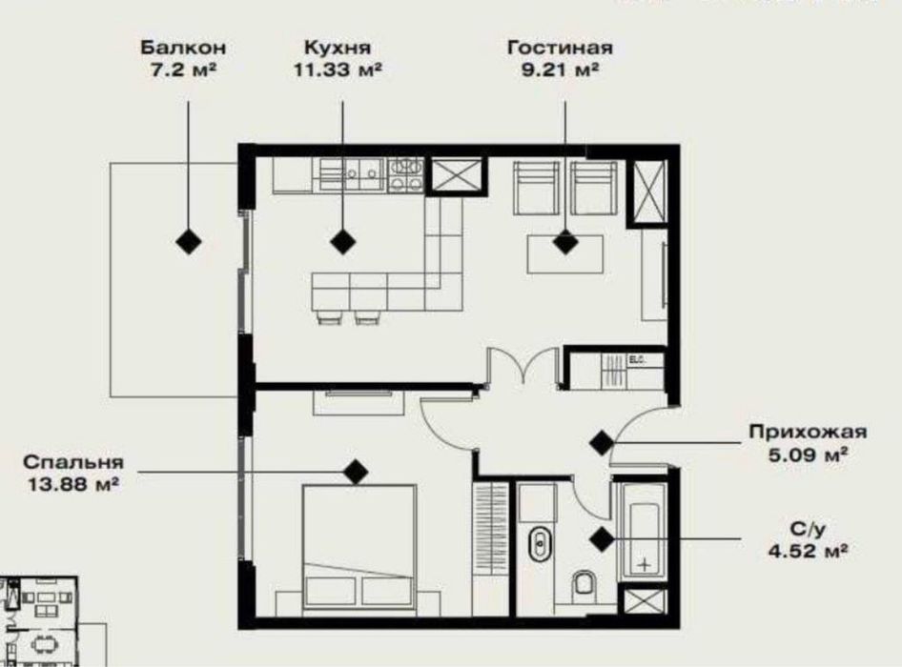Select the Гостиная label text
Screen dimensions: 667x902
(x=560, y=47)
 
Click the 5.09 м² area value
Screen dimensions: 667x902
(x=809, y=456)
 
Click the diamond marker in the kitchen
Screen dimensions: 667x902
(x=342, y=242)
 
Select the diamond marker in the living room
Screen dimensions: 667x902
(x=566, y=244)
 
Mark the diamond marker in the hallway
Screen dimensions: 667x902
(x=601, y=442)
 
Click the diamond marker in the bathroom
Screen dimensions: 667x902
(x=601, y=539)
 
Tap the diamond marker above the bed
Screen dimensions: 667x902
(x=356, y=470)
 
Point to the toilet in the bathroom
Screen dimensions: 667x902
(x=585, y=585)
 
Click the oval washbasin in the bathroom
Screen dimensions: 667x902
(x=539, y=545)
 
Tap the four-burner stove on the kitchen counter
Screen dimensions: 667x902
(x=406, y=173)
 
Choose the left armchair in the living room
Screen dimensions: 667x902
(x=537, y=187)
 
